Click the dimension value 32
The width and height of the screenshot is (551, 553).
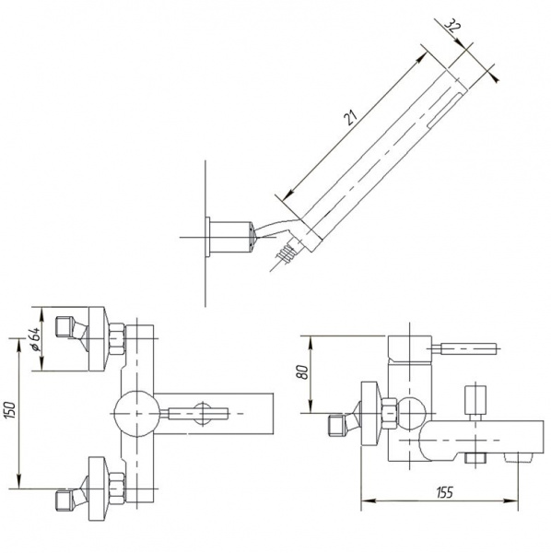pos(451,27)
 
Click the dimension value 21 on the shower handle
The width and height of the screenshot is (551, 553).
pos(350,117)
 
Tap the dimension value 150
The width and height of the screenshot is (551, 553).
pos(11,410)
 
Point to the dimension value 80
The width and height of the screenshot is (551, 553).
pos(303,372)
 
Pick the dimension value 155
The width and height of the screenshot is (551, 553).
pos(444,492)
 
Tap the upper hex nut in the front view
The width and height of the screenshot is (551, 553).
pos(117,338)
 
